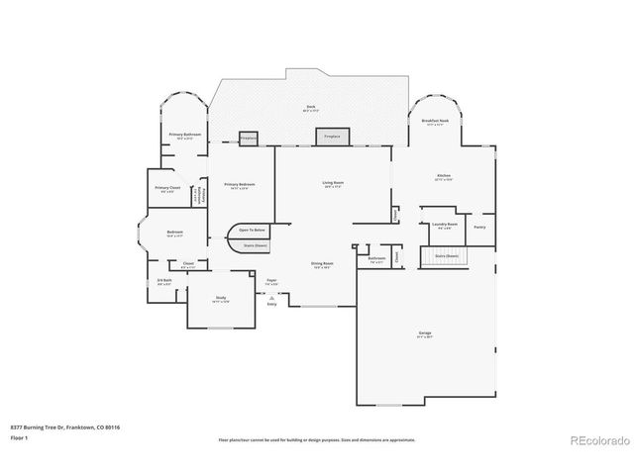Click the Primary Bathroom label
(185, 135)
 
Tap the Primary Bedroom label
(239, 185)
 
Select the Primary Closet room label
(167, 188)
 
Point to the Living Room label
(332, 182)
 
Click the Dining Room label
(322, 263)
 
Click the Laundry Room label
(444, 225)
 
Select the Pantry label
(479, 227)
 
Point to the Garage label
(424, 333)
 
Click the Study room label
(222, 299)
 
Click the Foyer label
(271, 281)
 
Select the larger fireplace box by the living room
(332, 138)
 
